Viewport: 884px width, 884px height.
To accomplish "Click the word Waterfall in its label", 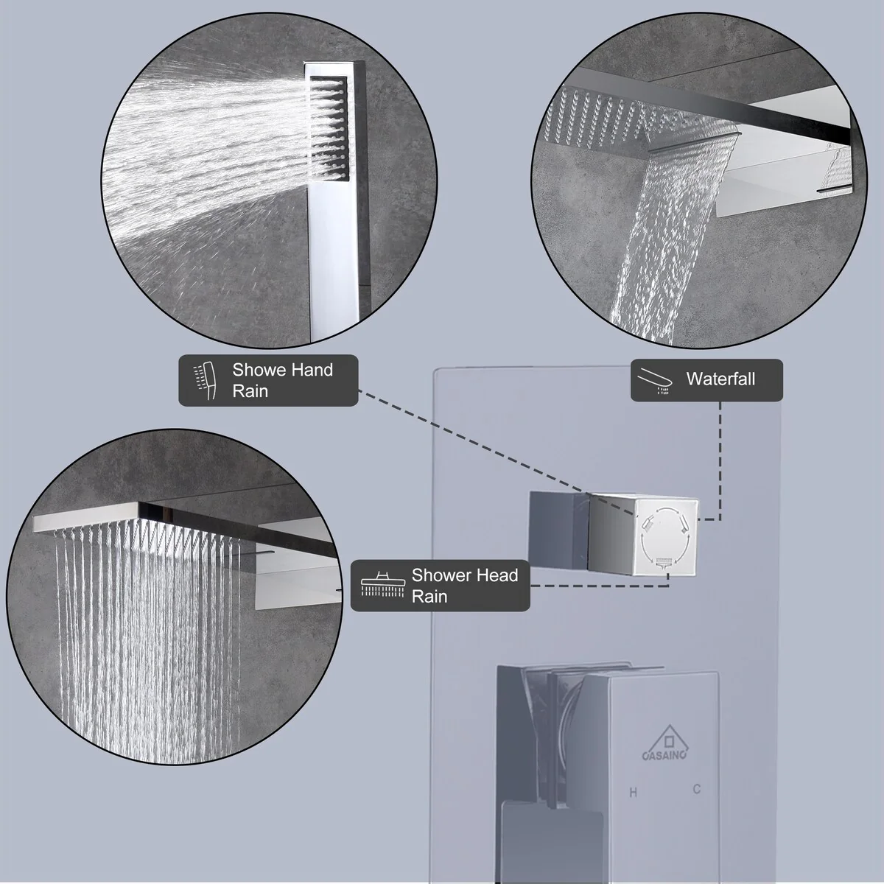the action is click(x=720, y=379).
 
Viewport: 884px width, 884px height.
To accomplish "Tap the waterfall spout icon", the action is click(x=655, y=381).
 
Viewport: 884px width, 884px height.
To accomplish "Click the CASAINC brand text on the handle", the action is click(x=664, y=754).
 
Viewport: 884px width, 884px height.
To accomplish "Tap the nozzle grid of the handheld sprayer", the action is click(x=329, y=128).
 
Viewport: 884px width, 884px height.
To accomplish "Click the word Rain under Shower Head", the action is click(x=429, y=597).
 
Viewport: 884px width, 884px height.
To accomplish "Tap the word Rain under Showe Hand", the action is click(x=250, y=391).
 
